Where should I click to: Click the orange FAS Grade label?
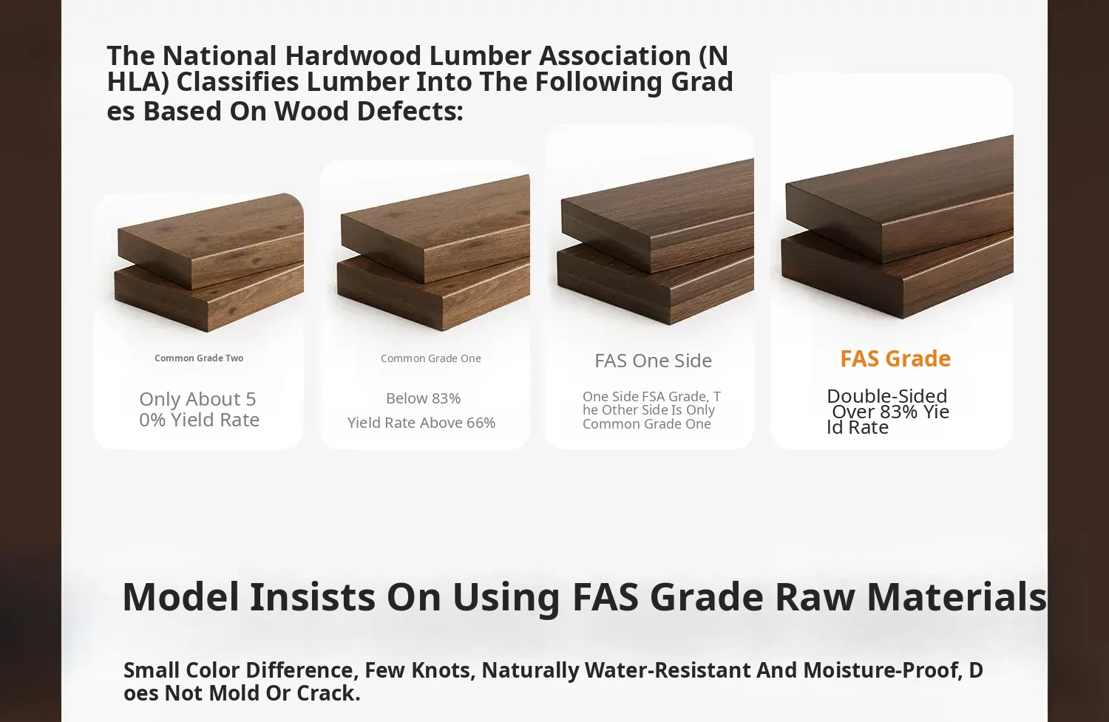coord(895,358)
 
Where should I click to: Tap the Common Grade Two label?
coord(199,358)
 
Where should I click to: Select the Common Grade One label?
coord(431,358)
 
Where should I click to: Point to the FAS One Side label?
coord(653,361)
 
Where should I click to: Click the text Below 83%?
coord(424,398)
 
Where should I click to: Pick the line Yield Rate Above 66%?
coord(421,423)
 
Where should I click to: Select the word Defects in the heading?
coord(410,111)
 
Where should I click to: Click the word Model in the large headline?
coord(180,597)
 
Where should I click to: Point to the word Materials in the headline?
coord(957,597)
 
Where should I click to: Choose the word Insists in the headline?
coord(313,597)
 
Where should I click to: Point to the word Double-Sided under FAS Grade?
coord(886,396)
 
